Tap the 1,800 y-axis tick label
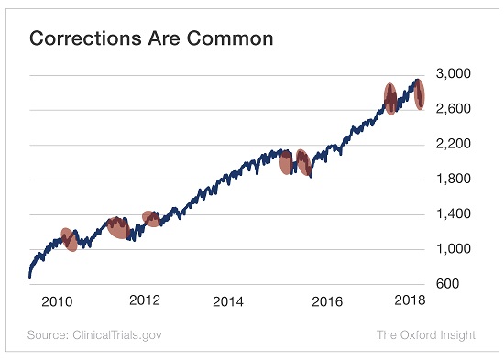[x=454, y=180]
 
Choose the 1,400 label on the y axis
[x=454, y=214]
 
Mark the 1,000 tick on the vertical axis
[x=454, y=249]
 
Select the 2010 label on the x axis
[x=57, y=301]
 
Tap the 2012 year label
[x=145, y=300]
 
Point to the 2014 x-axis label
[x=228, y=301]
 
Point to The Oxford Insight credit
[x=426, y=334]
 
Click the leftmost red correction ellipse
[x=68, y=239]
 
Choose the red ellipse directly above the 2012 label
[x=151, y=218]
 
